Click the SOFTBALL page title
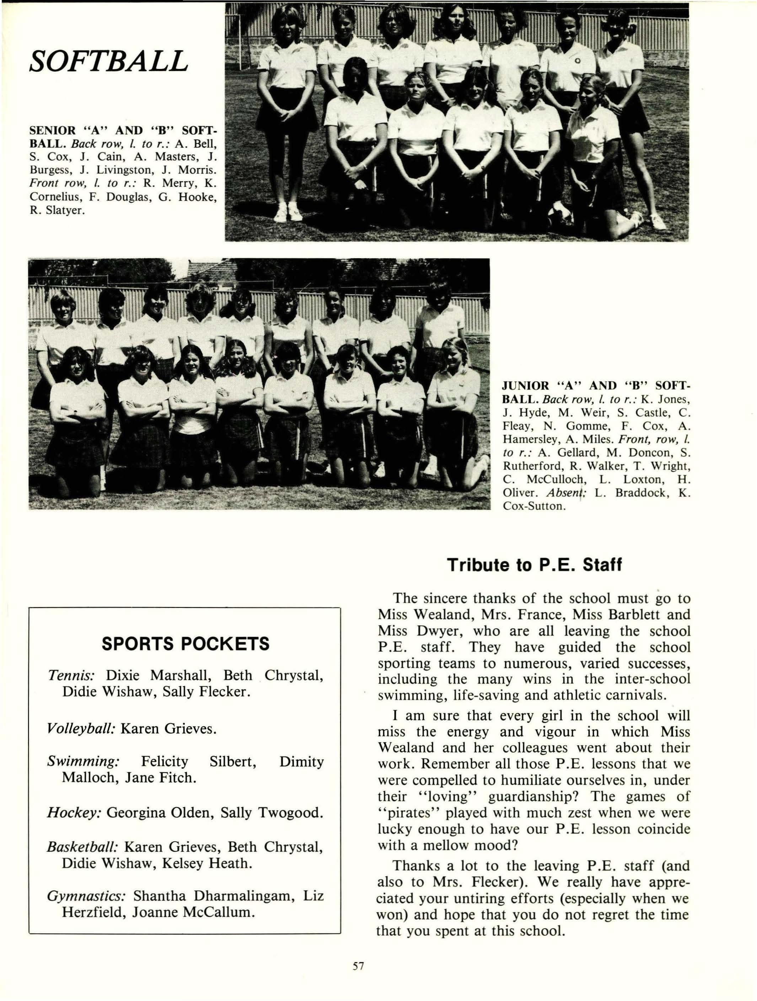click(108, 61)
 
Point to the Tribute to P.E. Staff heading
click(534, 565)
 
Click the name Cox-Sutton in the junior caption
click(533, 506)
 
